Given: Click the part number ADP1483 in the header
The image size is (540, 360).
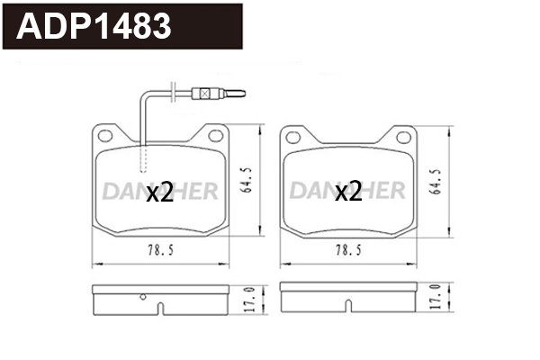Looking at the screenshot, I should click(x=94, y=27).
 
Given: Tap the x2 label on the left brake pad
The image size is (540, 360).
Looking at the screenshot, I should click(x=159, y=192).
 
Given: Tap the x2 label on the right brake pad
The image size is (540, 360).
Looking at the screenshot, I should click(x=348, y=192).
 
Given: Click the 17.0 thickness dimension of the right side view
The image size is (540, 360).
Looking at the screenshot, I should click(x=436, y=299).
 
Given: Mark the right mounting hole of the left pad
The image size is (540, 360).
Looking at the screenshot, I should click(x=215, y=135).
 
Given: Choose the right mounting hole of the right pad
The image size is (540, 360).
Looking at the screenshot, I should click(x=403, y=136).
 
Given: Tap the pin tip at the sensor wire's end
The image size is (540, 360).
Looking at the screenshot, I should click(x=239, y=93).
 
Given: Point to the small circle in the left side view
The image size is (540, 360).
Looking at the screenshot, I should click(x=143, y=296).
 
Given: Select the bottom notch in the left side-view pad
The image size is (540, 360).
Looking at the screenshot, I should click(x=161, y=310).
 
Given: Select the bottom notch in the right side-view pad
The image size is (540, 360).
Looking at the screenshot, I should click(x=347, y=310).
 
